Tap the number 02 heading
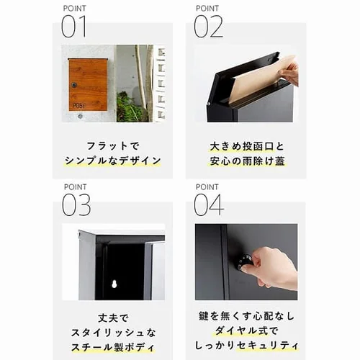pos(208,27)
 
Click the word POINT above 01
pos(74,8)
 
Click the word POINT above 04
pos(207,186)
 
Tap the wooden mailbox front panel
pos(88,84)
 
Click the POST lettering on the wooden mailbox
pos(78,105)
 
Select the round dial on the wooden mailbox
pos(73,85)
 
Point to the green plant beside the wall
pos(130,108)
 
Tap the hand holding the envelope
pos(290,71)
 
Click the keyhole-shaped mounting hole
pos(113,284)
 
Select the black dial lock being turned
pos(245,261)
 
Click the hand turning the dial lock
pos(272,266)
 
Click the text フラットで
pos(113,145)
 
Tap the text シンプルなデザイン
pos(113,161)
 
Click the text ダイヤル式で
pos(246,331)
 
